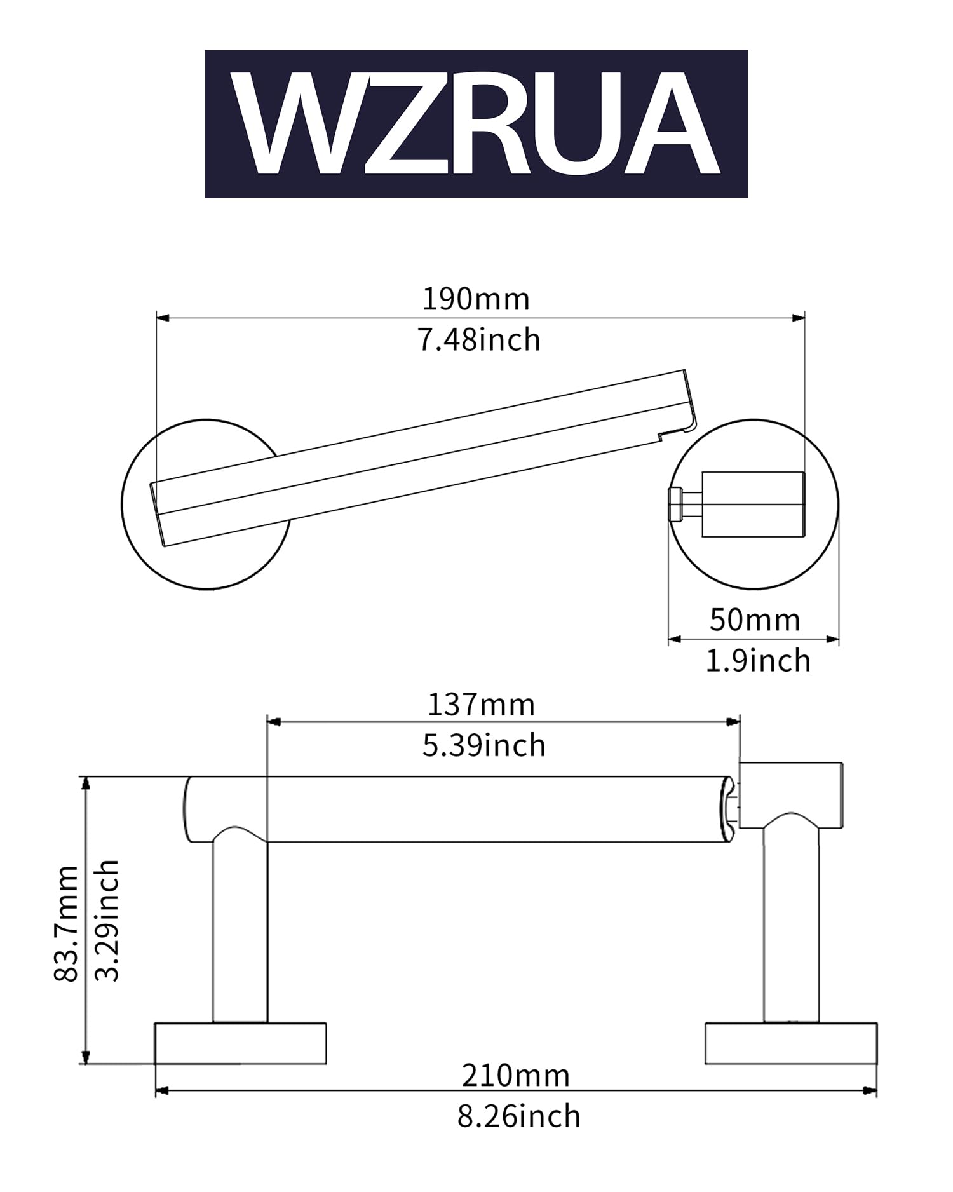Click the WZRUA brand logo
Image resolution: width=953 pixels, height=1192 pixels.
pyautogui.click(x=476, y=124)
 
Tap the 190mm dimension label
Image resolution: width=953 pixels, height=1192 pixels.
pyautogui.click(x=476, y=299)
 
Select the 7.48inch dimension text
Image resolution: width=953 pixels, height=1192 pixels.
pyautogui.click(x=479, y=340)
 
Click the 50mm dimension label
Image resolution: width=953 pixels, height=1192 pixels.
pyautogui.click(x=755, y=620)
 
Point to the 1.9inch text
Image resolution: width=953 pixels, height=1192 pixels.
pyautogui.click(x=759, y=661)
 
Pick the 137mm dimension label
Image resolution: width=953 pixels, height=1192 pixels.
pyautogui.click(x=481, y=705)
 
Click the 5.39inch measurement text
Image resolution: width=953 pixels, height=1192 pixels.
pyautogui.click(x=484, y=745)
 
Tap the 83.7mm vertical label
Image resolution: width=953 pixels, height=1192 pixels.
pyautogui.click(x=67, y=924)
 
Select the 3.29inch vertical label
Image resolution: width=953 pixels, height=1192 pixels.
pyautogui.click(x=107, y=921)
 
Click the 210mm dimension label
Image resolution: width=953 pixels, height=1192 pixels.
pyautogui.click(x=516, y=1076)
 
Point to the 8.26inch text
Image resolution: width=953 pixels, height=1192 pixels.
pyautogui.click(x=519, y=1116)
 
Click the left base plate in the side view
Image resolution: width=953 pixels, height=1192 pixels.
pyautogui.click(x=241, y=1043)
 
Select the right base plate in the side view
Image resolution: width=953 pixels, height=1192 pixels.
pyautogui.click(x=791, y=1043)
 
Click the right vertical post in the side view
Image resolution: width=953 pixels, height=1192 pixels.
pyautogui.click(x=791, y=924)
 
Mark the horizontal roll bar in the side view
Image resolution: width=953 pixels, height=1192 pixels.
pyautogui.click(x=459, y=809)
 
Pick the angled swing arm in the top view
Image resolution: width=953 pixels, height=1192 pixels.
pyautogui.click(x=423, y=457)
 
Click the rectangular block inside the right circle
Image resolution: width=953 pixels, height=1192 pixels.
pyautogui.click(x=753, y=505)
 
